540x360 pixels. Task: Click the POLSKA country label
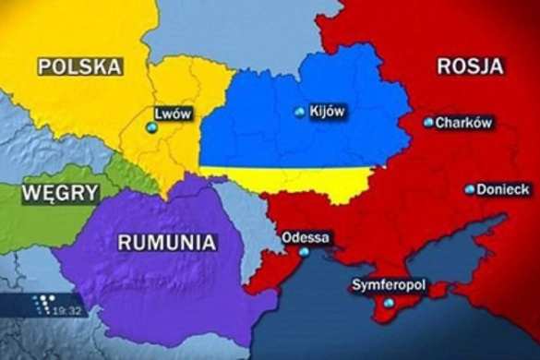coord(80,66)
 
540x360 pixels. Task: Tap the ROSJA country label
coord(470,66)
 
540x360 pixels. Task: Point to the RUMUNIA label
coord(167,243)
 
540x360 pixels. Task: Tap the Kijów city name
coord(328,112)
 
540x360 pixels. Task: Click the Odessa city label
coord(305,236)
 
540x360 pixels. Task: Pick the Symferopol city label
coord(389,285)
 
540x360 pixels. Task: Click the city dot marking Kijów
coord(298,113)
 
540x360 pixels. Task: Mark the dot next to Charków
coord(428,122)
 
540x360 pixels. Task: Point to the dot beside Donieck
coord(470,189)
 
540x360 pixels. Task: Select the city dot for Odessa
coord(304,252)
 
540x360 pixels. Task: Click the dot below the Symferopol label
coord(389,303)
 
